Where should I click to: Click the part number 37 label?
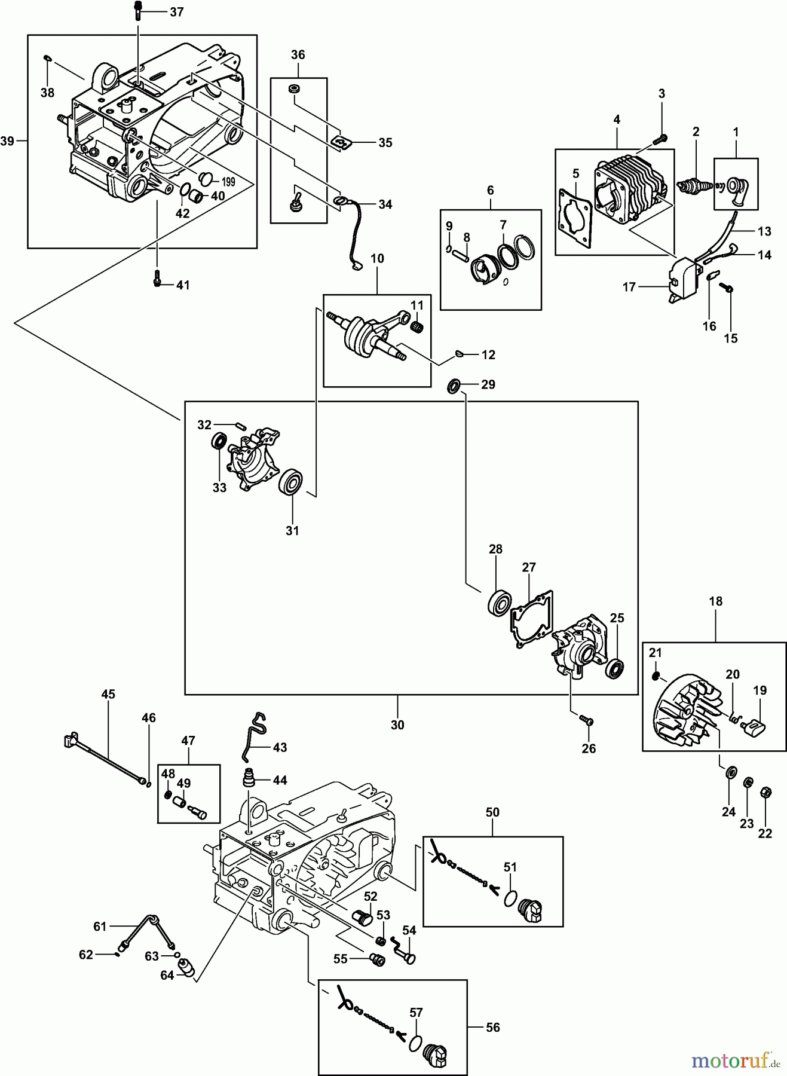[x=176, y=11]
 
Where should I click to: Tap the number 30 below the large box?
[x=397, y=725]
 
